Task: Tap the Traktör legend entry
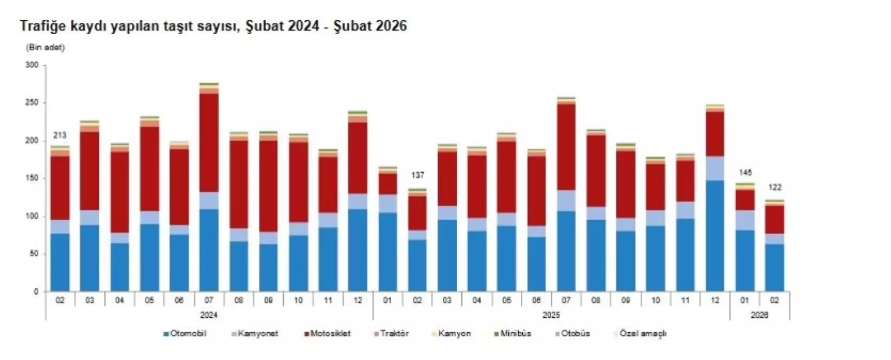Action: pyautogui.click(x=394, y=334)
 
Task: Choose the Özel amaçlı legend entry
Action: pyautogui.click(x=642, y=334)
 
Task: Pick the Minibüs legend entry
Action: pyautogui.click(x=515, y=334)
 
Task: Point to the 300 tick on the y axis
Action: pyautogui.click(x=32, y=65)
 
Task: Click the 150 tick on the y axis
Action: pyautogui.click(x=32, y=178)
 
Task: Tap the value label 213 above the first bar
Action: pyautogui.click(x=60, y=135)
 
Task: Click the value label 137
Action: pyautogui.click(x=417, y=175)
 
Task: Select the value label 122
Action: pyautogui.click(x=775, y=187)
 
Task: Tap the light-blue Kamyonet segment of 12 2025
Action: pyautogui.click(x=715, y=169)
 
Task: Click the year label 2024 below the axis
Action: pyautogui.click(x=209, y=315)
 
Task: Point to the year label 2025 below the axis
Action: pyautogui.click(x=551, y=315)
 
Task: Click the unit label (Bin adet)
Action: pyautogui.click(x=45, y=47)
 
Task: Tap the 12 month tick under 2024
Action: pyautogui.click(x=357, y=301)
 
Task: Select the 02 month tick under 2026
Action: pyautogui.click(x=775, y=301)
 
